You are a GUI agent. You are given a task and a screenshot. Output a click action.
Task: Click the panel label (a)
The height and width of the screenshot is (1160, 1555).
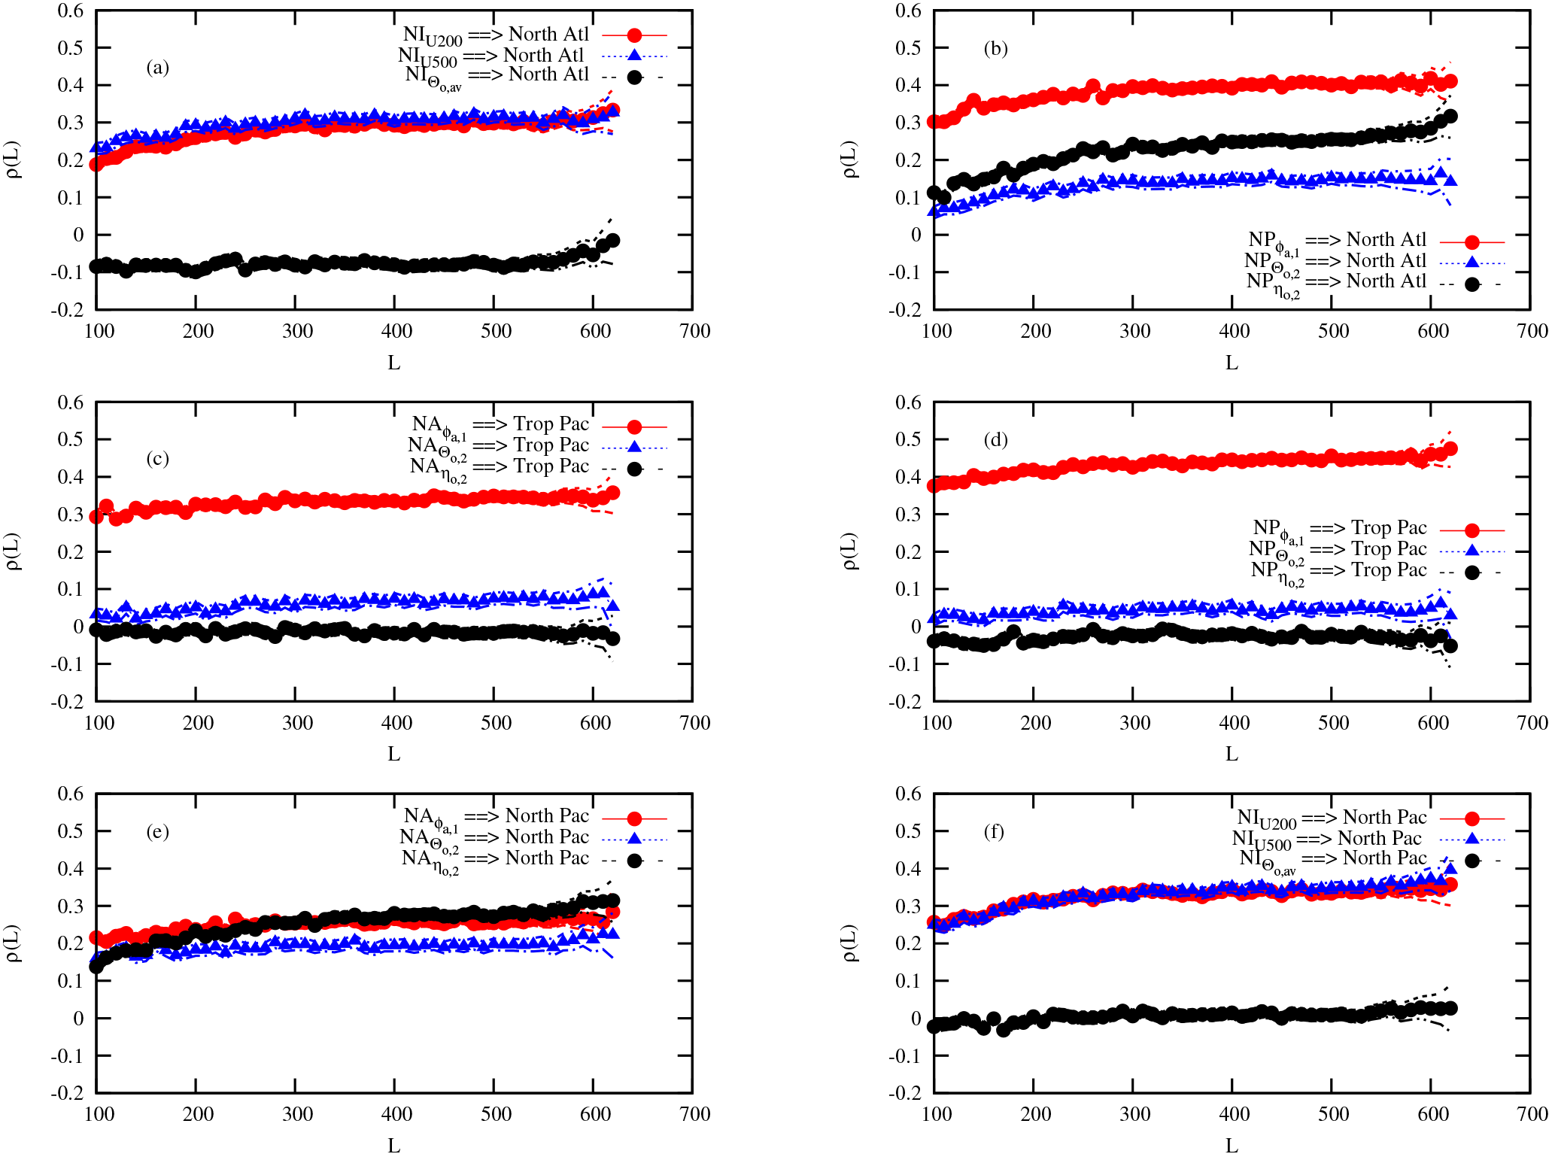(x=157, y=68)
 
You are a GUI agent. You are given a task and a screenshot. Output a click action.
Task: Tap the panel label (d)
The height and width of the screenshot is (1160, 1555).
(x=995, y=439)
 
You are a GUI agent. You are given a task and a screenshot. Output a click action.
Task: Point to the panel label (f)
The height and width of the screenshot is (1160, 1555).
(x=994, y=831)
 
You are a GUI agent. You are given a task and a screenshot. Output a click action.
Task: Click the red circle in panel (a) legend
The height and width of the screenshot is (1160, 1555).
(x=634, y=35)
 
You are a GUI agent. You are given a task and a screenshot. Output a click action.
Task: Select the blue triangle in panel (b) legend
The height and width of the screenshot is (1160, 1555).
(x=1472, y=262)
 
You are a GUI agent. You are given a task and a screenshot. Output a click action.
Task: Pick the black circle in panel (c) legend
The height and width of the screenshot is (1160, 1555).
(x=634, y=469)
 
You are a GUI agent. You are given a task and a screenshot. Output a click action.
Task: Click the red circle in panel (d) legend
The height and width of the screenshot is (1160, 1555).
(x=1472, y=530)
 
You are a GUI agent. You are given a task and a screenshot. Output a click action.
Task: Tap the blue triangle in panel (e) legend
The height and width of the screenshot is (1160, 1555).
(x=634, y=839)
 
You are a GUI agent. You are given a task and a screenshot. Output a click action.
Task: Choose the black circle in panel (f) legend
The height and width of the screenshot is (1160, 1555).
(x=1472, y=861)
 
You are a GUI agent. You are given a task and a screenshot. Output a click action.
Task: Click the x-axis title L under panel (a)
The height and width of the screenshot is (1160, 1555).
(x=393, y=363)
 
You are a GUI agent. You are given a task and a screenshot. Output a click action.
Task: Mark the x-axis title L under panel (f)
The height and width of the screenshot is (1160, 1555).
(x=1232, y=1146)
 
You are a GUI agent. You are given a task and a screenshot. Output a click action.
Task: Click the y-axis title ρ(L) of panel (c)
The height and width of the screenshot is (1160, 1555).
(x=13, y=551)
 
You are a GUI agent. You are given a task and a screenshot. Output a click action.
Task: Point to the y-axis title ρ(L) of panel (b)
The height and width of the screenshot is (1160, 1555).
(x=850, y=160)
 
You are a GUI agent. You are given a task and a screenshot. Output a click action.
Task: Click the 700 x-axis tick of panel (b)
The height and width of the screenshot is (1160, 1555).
(x=1532, y=331)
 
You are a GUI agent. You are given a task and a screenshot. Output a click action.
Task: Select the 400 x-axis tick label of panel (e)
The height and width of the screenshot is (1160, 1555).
(x=396, y=1114)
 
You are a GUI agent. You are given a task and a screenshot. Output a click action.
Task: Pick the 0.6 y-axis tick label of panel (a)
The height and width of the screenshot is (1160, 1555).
(x=71, y=11)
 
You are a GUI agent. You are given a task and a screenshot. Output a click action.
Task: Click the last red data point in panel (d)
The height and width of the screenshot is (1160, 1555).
(x=1451, y=449)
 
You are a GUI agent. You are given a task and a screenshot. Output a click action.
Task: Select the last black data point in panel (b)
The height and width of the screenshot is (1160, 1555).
(x=1451, y=117)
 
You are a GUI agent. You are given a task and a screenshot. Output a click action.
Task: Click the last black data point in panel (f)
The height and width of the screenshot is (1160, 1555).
(x=1451, y=1008)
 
